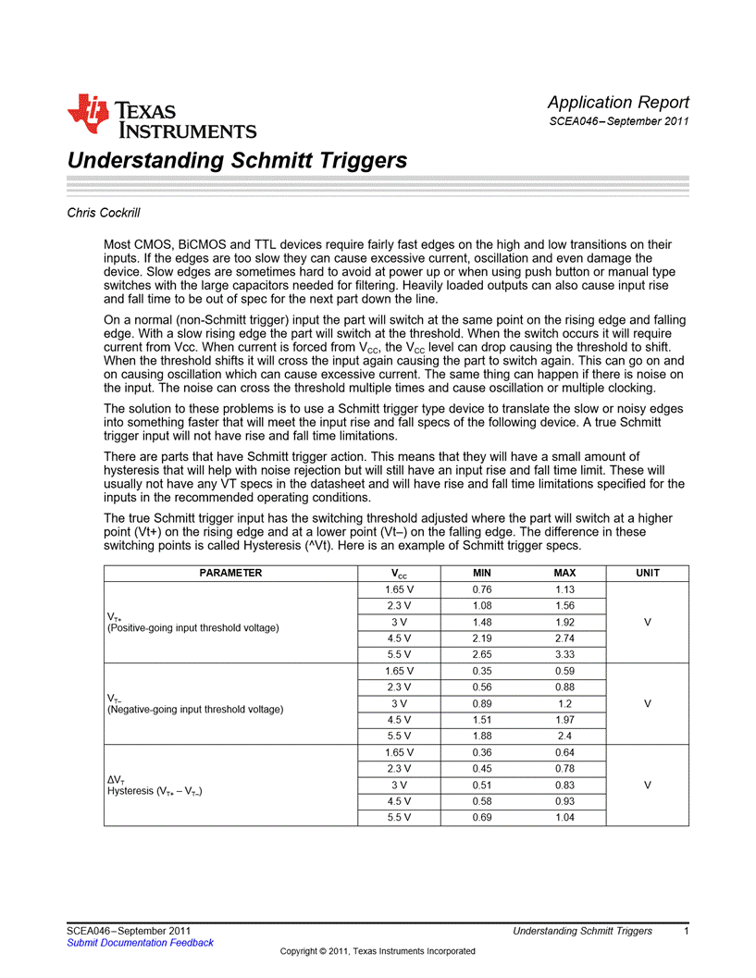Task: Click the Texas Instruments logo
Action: [161, 118]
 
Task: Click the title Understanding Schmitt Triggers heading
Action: [237, 160]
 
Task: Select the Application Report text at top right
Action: [617, 102]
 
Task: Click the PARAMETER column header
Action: [231, 573]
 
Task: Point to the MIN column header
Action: [481, 573]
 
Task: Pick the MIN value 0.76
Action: [481, 589]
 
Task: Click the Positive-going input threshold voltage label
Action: [193, 628]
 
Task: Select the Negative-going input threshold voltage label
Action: [195, 710]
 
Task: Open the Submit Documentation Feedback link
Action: [140, 943]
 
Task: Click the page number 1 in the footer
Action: [686, 930]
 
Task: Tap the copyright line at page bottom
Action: [378, 951]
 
